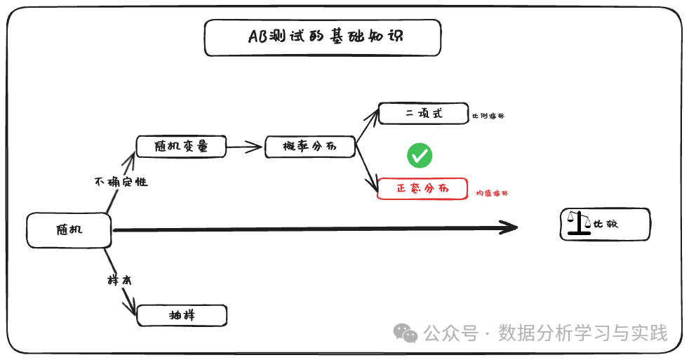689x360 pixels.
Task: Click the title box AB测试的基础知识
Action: (323, 37)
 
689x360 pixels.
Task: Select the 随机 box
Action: (69, 229)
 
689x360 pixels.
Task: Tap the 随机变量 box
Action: (182, 146)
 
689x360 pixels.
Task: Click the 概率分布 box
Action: (309, 146)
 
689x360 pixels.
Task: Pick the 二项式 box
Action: (423, 114)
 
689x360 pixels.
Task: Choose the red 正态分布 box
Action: (422, 189)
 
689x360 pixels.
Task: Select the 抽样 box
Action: (182, 315)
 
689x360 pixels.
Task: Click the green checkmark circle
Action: (420, 155)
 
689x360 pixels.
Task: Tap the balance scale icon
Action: (580, 223)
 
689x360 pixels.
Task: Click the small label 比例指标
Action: (488, 116)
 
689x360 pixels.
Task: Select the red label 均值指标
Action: (491, 193)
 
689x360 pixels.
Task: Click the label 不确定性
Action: (121, 182)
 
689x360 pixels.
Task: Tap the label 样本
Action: (119, 279)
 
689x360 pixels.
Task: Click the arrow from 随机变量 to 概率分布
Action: (246, 147)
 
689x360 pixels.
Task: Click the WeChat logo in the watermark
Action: (406, 333)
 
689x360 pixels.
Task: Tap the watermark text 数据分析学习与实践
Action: (582, 333)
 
